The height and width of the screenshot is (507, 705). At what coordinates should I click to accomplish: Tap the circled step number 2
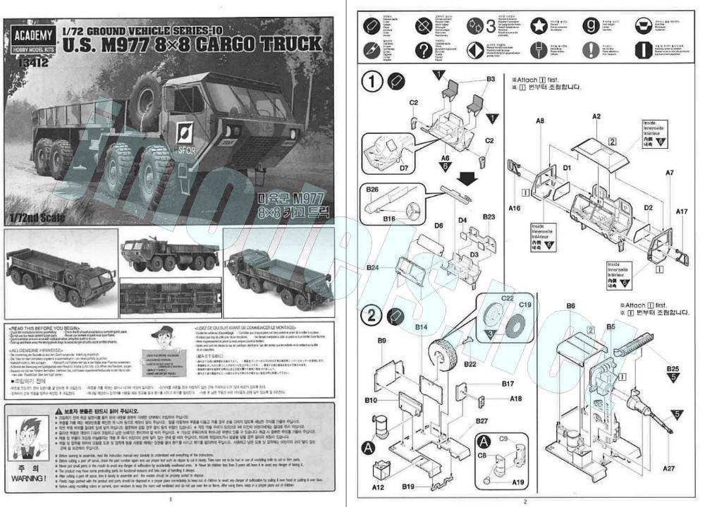(x=372, y=314)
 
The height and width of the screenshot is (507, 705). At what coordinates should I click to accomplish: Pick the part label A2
(x=596, y=116)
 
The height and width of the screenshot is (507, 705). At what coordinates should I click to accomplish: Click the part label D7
(x=403, y=169)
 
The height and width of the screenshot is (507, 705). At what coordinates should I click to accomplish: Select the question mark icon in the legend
(x=423, y=50)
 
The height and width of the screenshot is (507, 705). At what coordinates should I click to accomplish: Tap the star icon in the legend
(x=540, y=26)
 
